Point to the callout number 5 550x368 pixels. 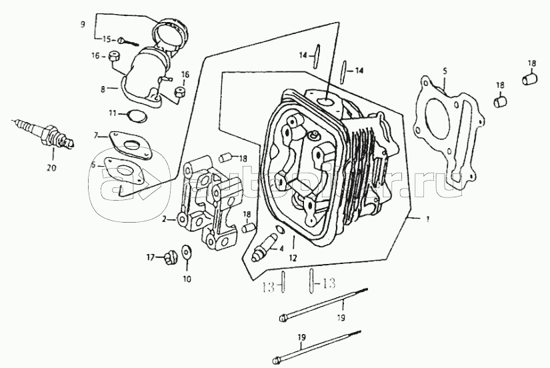[444, 70]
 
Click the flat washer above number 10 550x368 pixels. [185, 251]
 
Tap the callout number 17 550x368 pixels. [151, 257]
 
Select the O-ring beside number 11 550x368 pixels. [137, 116]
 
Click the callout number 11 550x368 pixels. [113, 111]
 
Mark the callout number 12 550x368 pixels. [292, 257]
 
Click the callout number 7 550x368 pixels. [96, 136]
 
